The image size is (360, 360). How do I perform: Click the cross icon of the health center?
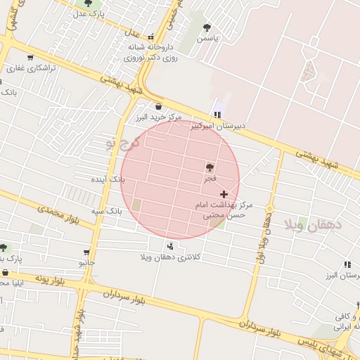pos(224,193)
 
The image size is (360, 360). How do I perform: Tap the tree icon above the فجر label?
pos(210,167)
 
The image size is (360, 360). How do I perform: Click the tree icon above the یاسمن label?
pos(207,27)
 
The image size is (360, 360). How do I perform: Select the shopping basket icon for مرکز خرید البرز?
pos(159,106)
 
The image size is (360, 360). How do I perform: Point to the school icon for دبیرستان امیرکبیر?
pos(217,114)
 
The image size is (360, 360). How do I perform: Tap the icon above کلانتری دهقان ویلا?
pos(170,245)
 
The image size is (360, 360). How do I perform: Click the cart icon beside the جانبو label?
pos(86,252)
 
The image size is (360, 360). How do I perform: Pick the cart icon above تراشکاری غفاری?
pos(30,58)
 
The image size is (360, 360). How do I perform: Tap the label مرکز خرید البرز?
pos(159,117)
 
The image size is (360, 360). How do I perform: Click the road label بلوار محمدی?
pos(56,210)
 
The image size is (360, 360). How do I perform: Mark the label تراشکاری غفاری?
pos(26,68)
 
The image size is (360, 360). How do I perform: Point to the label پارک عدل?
pos(90,13)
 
